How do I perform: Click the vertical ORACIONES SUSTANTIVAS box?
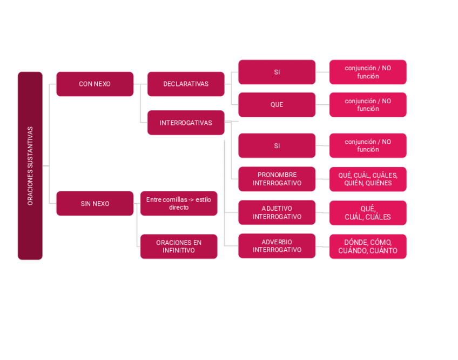[30, 165]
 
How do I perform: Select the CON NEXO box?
[95, 84]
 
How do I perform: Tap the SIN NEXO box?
[95, 203]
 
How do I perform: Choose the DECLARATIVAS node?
[186, 84]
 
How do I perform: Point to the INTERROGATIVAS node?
[186, 123]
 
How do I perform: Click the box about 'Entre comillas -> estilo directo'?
[179, 203]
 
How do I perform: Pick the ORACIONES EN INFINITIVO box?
[179, 246]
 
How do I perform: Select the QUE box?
[277, 104]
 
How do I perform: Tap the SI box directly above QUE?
[277, 72]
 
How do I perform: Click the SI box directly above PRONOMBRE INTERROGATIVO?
[277, 145]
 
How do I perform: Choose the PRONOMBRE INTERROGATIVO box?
[277, 179]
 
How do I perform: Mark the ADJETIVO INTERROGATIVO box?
[277, 212]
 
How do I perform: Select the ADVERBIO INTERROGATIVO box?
[277, 246]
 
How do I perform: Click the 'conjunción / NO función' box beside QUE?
[368, 104]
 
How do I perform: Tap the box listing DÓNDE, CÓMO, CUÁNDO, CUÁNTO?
[368, 246]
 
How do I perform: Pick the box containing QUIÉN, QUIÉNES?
[368, 179]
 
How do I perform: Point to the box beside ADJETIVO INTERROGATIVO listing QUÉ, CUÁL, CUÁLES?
[368, 212]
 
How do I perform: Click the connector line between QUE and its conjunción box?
[322, 104]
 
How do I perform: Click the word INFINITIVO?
[179, 251]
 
